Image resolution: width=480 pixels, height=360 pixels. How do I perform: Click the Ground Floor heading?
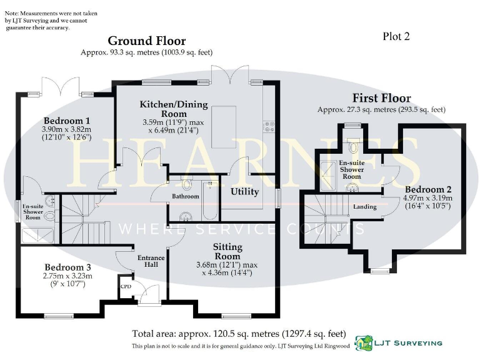click(x=147, y=41)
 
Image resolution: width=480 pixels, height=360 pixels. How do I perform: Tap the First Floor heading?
click(x=381, y=98)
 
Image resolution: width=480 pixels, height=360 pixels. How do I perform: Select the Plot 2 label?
click(x=396, y=36)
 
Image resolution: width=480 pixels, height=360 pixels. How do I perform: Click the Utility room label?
click(x=244, y=191)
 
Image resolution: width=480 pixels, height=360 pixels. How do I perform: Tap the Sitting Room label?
click(x=227, y=251)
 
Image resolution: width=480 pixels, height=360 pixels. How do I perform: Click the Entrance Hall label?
click(x=151, y=261)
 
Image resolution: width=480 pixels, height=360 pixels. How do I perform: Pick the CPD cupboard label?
click(x=126, y=287)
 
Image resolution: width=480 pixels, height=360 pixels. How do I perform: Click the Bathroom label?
click(x=186, y=196)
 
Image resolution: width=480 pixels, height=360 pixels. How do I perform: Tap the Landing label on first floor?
click(x=364, y=206)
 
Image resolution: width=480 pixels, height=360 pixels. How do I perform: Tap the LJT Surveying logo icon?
click(x=364, y=342)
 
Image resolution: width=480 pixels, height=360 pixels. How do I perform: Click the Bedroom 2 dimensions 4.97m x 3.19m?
click(x=429, y=199)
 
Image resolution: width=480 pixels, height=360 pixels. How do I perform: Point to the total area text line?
click(x=239, y=333)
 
